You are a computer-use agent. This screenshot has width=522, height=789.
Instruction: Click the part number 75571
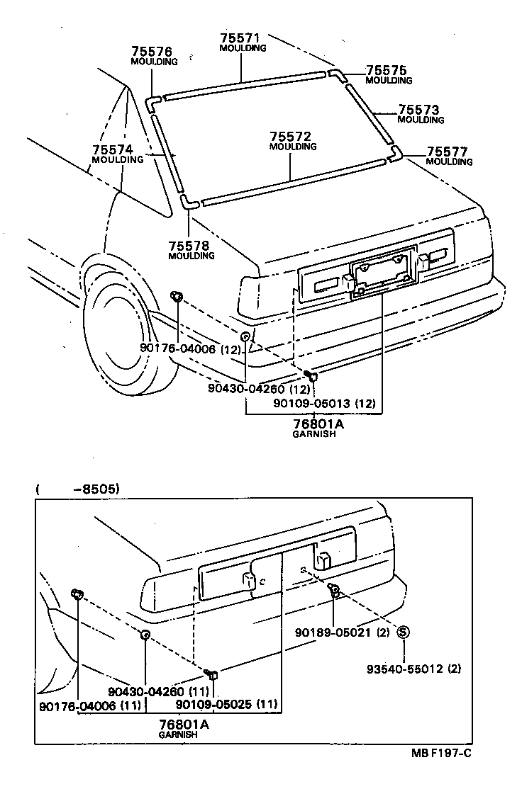click(x=243, y=38)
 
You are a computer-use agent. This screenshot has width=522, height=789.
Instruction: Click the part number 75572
click(x=292, y=136)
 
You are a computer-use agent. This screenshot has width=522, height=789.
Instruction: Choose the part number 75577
click(x=449, y=152)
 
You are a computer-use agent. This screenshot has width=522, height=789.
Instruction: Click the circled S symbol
click(x=402, y=632)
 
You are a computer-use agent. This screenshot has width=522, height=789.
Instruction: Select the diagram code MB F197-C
click(x=441, y=753)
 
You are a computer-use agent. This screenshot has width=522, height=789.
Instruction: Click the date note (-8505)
click(x=77, y=489)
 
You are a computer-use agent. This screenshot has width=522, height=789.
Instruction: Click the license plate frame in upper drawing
click(x=382, y=268)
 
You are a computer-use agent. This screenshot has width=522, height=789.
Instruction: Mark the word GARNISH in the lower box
click(x=177, y=735)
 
